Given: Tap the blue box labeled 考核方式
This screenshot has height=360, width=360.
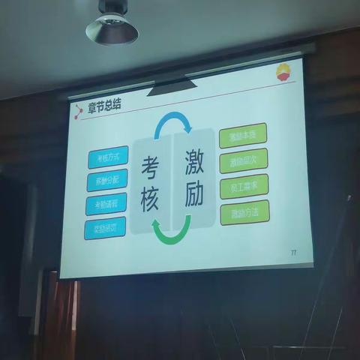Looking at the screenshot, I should [106, 158].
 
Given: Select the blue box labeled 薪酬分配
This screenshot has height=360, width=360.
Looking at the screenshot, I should [106, 181].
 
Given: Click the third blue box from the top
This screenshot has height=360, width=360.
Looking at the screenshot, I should [105, 204].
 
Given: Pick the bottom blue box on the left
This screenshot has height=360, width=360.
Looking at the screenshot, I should [105, 227].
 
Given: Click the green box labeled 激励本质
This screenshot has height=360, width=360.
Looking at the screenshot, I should [242, 135].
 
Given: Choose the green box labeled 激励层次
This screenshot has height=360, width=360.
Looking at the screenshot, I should [243, 160].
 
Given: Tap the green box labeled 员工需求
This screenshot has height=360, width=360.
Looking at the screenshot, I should [244, 186].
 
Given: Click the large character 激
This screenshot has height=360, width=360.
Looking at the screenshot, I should [193, 159].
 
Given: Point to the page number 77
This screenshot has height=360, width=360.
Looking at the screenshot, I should [292, 253].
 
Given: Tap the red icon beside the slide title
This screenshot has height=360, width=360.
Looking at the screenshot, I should [79, 112].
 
